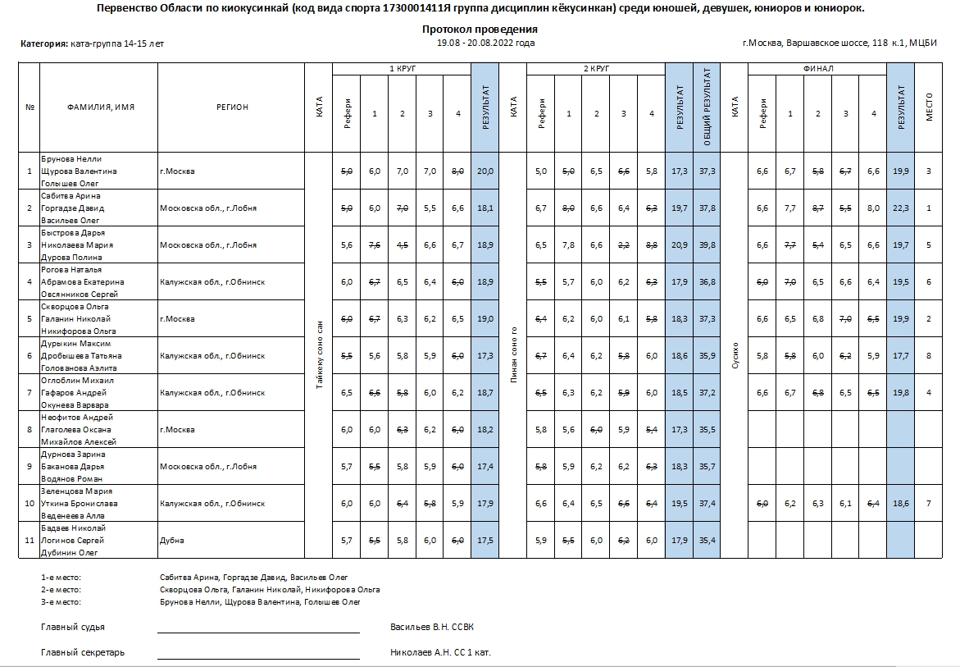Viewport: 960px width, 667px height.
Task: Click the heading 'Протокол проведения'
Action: [x=480, y=30]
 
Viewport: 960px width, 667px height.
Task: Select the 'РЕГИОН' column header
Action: [x=232, y=107]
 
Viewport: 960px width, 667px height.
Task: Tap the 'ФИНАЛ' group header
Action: [x=817, y=69]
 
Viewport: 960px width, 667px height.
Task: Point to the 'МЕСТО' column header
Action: [x=929, y=107]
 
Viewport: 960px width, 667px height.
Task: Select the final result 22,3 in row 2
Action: [x=900, y=208]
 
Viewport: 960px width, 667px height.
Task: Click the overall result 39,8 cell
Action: [x=707, y=244]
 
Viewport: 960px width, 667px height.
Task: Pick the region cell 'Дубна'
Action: [x=172, y=541]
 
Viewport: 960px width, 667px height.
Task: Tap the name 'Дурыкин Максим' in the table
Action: [x=76, y=344]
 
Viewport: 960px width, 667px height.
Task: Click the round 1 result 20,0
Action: [x=485, y=171]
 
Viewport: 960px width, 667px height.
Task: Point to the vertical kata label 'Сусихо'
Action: [x=735, y=355]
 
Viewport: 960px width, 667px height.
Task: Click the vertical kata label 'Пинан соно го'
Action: [x=513, y=355]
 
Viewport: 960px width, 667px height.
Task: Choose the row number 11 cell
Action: [x=30, y=541]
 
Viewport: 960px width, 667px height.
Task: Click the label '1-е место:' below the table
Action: [x=61, y=578]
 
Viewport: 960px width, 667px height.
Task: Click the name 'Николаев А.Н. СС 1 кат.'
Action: [x=440, y=653]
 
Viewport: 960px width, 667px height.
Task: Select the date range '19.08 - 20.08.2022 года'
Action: [x=485, y=43]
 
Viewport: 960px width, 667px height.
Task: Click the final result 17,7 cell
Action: [x=900, y=356]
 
